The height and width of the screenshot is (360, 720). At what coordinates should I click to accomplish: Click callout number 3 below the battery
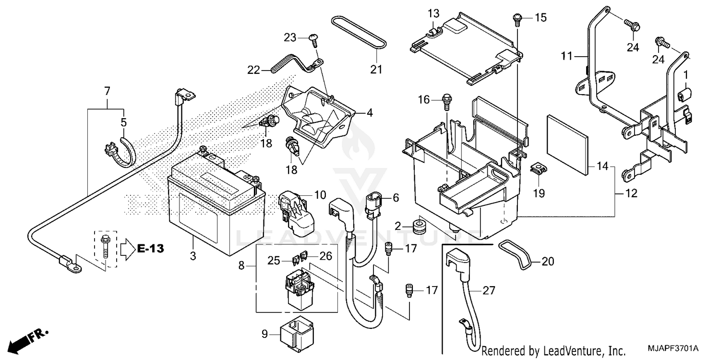pyautogui.click(x=192, y=256)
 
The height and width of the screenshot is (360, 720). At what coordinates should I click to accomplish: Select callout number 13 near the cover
pyautogui.click(x=433, y=13)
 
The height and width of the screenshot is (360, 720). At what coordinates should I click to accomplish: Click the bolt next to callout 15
pyautogui.click(x=516, y=19)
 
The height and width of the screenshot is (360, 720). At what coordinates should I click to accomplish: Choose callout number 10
pyautogui.click(x=320, y=195)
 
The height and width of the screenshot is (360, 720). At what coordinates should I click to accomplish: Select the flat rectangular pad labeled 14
pyautogui.click(x=567, y=145)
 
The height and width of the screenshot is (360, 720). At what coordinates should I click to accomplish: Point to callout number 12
pyautogui.click(x=632, y=193)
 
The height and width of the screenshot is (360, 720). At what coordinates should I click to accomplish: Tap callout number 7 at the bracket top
pyautogui.click(x=107, y=90)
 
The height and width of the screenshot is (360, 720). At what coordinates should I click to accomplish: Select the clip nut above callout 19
pyautogui.click(x=538, y=168)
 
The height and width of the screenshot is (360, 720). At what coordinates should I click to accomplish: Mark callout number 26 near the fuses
pyautogui.click(x=325, y=256)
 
